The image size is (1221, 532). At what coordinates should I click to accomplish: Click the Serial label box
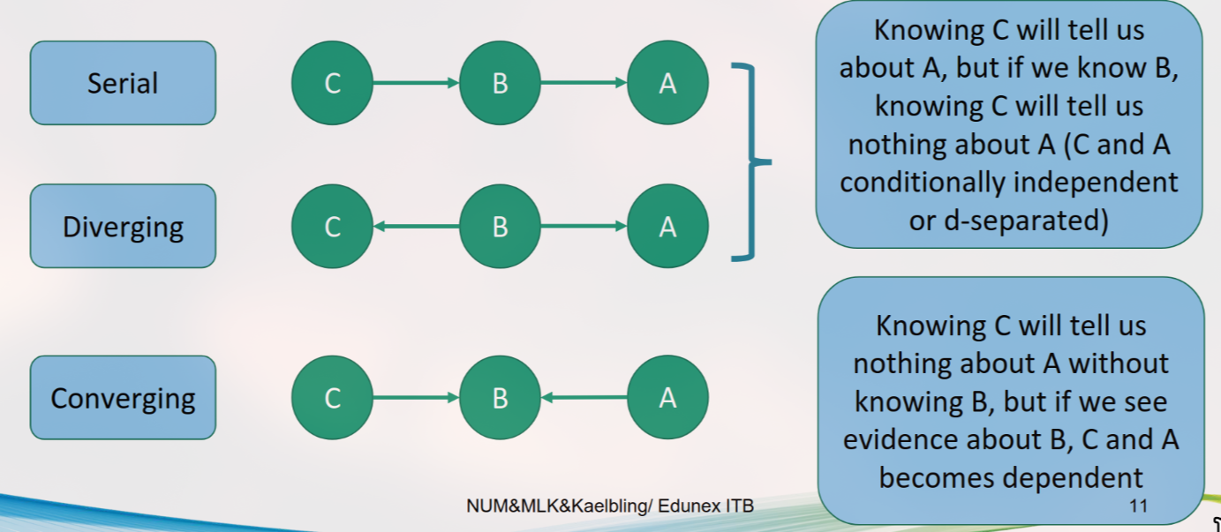pos(123,83)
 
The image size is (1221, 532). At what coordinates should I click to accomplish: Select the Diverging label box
pos(123,227)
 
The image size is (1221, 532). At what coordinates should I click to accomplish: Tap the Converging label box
pos(123,398)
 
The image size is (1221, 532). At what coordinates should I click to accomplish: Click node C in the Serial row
pos(332,84)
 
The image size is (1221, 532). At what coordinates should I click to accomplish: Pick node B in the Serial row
pos(500,84)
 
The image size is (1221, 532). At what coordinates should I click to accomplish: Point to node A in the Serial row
pos(667,84)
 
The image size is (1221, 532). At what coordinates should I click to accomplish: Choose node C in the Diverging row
pos(332,227)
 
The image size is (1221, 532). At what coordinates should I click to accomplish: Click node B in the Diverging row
pos(500,227)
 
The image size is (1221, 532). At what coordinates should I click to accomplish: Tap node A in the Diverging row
pos(667,227)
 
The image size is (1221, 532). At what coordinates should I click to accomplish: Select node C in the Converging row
pos(332,398)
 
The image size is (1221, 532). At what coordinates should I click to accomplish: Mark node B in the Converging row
pos(500,398)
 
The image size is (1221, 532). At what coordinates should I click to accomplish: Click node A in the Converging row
pos(667,398)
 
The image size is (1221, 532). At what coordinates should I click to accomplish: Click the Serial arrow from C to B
pos(416,84)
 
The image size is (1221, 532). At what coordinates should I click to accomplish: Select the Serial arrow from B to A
pos(584,84)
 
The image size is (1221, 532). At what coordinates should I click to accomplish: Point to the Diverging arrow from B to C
pos(416,227)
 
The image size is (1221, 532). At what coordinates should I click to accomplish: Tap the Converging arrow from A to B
pos(584,398)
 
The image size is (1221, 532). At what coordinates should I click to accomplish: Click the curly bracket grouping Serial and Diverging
pos(753,162)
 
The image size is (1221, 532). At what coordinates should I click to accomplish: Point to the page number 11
pos(1137,506)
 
